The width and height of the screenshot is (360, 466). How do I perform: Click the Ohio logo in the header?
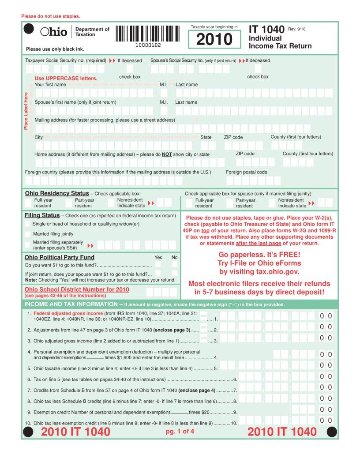(x=54, y=32)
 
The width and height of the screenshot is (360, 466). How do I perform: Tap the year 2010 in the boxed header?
(x=214, y=39)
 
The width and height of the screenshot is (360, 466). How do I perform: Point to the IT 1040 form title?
(x=266, y=30)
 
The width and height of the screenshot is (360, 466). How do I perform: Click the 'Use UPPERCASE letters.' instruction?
(x=66, y=78)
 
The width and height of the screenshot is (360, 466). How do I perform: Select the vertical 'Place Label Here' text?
(x=26, y=111)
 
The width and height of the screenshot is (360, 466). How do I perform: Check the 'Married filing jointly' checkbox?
(x=28, y=234)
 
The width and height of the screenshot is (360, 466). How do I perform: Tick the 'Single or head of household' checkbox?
(x=28, y=224)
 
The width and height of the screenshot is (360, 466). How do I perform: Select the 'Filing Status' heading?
(x=42, y=215)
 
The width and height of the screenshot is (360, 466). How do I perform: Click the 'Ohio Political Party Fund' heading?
(x=59, y=257)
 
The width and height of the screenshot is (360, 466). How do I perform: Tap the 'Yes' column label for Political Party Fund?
(x=158, y=257)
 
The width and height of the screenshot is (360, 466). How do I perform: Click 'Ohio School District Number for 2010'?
(x=77, y=289)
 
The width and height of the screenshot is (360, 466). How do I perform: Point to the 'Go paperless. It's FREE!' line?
(x=259, y=255)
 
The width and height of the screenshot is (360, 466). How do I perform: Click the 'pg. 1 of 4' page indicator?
(x=180, y=431)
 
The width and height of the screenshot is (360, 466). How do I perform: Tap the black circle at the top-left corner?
(x=28, y=29)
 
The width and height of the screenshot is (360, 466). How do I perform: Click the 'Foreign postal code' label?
(x=246, y=172)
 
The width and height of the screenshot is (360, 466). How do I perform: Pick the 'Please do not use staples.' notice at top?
(x=51, y=16)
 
